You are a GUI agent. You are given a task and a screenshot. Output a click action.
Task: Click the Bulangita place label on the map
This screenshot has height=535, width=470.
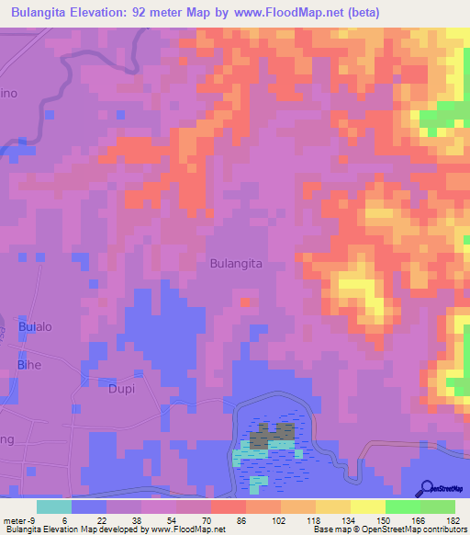(x=236, y=263)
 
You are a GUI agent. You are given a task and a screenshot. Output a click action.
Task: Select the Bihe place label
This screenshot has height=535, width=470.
(x=29, y=365)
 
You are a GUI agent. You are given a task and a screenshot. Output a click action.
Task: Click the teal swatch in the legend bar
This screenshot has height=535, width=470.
(x=53, y=507)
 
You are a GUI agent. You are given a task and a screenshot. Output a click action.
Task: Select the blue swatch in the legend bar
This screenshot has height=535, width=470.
(x=88, y=507)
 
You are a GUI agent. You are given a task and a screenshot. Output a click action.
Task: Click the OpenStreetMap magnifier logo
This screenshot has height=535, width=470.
(x=427, y=488)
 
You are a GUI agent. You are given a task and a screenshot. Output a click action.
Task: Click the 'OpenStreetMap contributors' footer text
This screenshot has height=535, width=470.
(x=410, y=529)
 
